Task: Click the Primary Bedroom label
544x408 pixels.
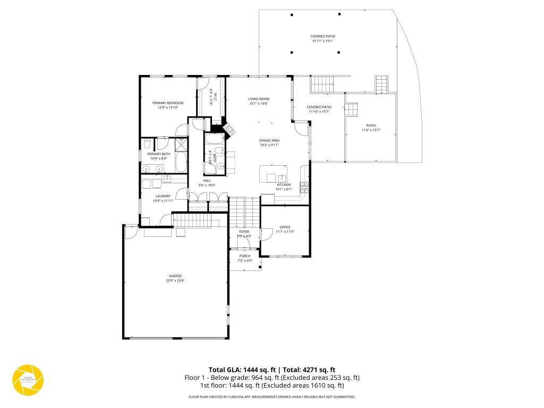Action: tap(167, 103)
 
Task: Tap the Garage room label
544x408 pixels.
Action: tap(175, 276)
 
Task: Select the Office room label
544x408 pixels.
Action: tap(285, 227)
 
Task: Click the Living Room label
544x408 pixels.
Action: tap(259, 99)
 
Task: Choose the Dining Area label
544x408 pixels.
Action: tap(269, 140)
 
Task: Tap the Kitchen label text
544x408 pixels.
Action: tap(284, 185)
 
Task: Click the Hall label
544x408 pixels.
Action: tap(207, 181)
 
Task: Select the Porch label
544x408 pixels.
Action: tap(244, 256)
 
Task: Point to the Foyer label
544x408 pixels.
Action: tap(244, 232)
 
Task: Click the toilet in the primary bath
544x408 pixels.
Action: tap(160, 144)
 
